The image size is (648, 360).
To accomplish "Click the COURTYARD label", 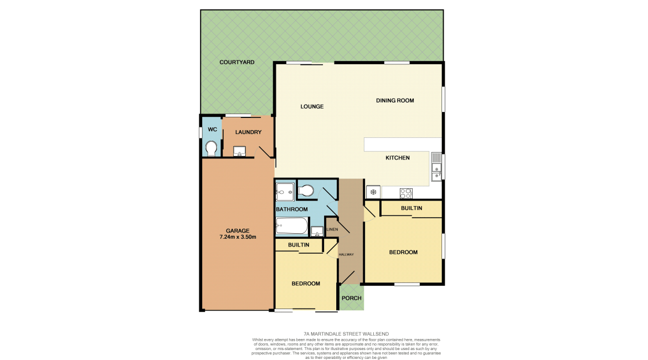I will tap(236, 63).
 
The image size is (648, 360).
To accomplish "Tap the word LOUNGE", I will tap(312, 107).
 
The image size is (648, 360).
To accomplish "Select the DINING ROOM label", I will tap(395, 101).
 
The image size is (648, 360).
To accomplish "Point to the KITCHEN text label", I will tap(398, 158).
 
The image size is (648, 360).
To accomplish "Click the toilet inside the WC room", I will tap(211, 148).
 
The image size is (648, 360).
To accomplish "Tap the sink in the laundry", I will tap(240, 151).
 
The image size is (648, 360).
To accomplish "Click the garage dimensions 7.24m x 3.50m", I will tap(238, 237).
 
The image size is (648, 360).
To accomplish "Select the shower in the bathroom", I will tap(285, 192).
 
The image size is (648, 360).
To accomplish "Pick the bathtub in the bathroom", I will tap(291, 226).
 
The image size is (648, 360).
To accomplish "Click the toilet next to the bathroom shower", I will tap(305, 191).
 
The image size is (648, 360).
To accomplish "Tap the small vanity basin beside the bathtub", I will tap(317, 231).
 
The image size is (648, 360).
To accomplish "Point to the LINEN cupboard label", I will tap(332, 229).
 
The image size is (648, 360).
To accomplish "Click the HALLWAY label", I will tap(346, 255).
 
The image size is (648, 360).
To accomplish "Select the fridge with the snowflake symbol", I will tap(373, 192).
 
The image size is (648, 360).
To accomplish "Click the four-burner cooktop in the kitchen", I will tap(406, 193).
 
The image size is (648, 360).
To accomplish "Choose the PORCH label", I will tap(352, 298).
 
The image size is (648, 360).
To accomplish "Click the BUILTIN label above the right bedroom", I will tap(412, 208).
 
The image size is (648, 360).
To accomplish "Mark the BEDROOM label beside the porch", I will tap(306, 284).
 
